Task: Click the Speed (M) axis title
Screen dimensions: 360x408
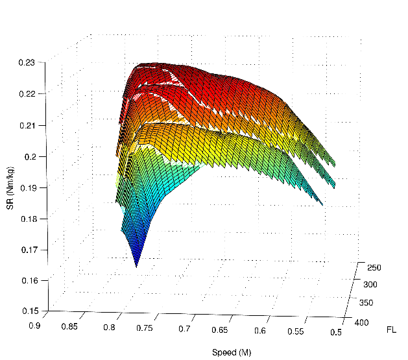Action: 231,352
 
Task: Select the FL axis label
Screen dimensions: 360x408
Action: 391,330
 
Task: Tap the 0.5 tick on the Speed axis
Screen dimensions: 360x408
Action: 335,333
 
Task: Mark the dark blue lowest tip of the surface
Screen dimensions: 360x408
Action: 137,265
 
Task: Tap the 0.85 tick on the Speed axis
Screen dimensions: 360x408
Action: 69,326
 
